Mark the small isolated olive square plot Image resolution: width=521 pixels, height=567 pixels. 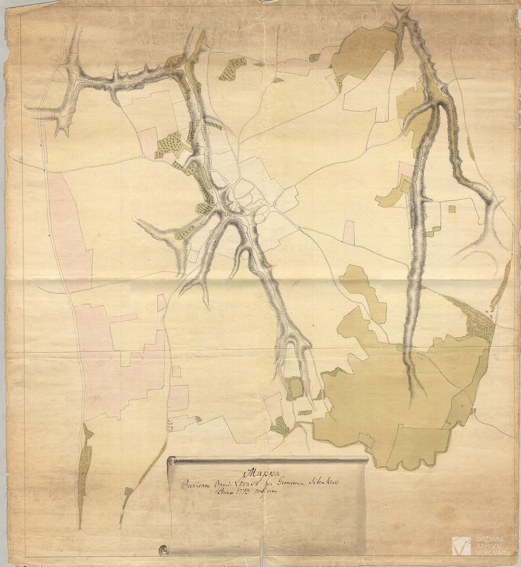click(x=452, y=209)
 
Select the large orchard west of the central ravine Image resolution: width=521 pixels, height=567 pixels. click(x=170, y=144)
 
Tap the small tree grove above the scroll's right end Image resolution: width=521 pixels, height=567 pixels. click(x=280, y=426)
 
